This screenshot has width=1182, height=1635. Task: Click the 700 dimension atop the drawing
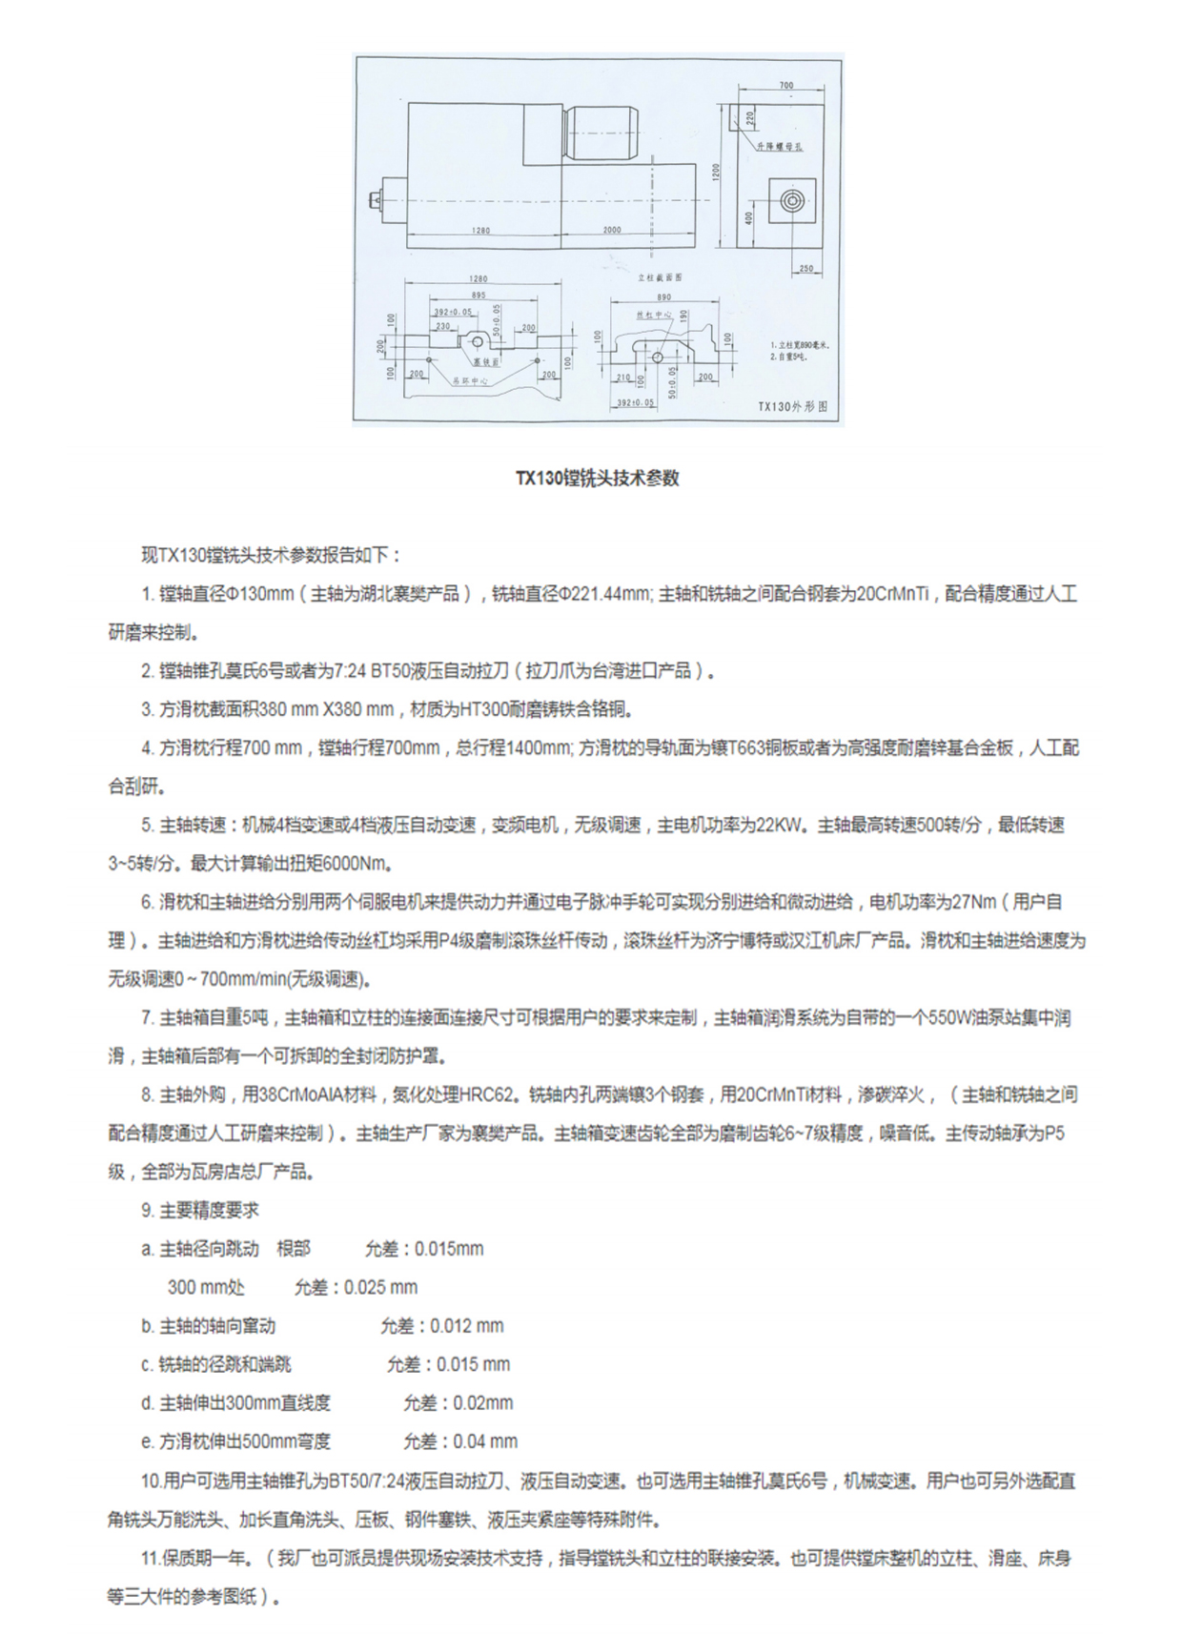coord(785,86)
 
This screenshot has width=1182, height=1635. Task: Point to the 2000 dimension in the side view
coord(611,230)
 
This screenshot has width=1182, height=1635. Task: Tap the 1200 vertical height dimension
coord(716,171)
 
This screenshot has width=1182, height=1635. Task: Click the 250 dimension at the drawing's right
coord(806,269)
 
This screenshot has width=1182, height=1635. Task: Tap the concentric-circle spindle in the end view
coord(793,201)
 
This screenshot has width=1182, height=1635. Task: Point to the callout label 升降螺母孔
coord(781,147)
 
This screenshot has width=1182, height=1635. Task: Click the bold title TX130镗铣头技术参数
coord(598,479)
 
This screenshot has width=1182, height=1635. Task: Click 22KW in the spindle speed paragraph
coord(779,825)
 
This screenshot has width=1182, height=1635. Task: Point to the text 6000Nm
coord(357,864)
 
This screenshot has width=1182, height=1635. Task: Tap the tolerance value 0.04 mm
coord(485,1441)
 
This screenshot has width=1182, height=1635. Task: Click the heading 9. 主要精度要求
coord(200,1210)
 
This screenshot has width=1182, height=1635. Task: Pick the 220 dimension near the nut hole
coord(749,118)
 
